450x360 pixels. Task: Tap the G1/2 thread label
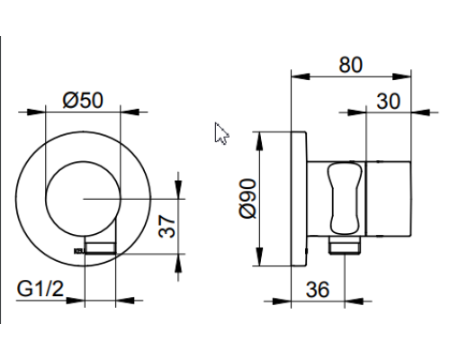(x=40, y=290)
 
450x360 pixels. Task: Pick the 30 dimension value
(x=389, y=101)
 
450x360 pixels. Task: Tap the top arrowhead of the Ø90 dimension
(x=260, y=138)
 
